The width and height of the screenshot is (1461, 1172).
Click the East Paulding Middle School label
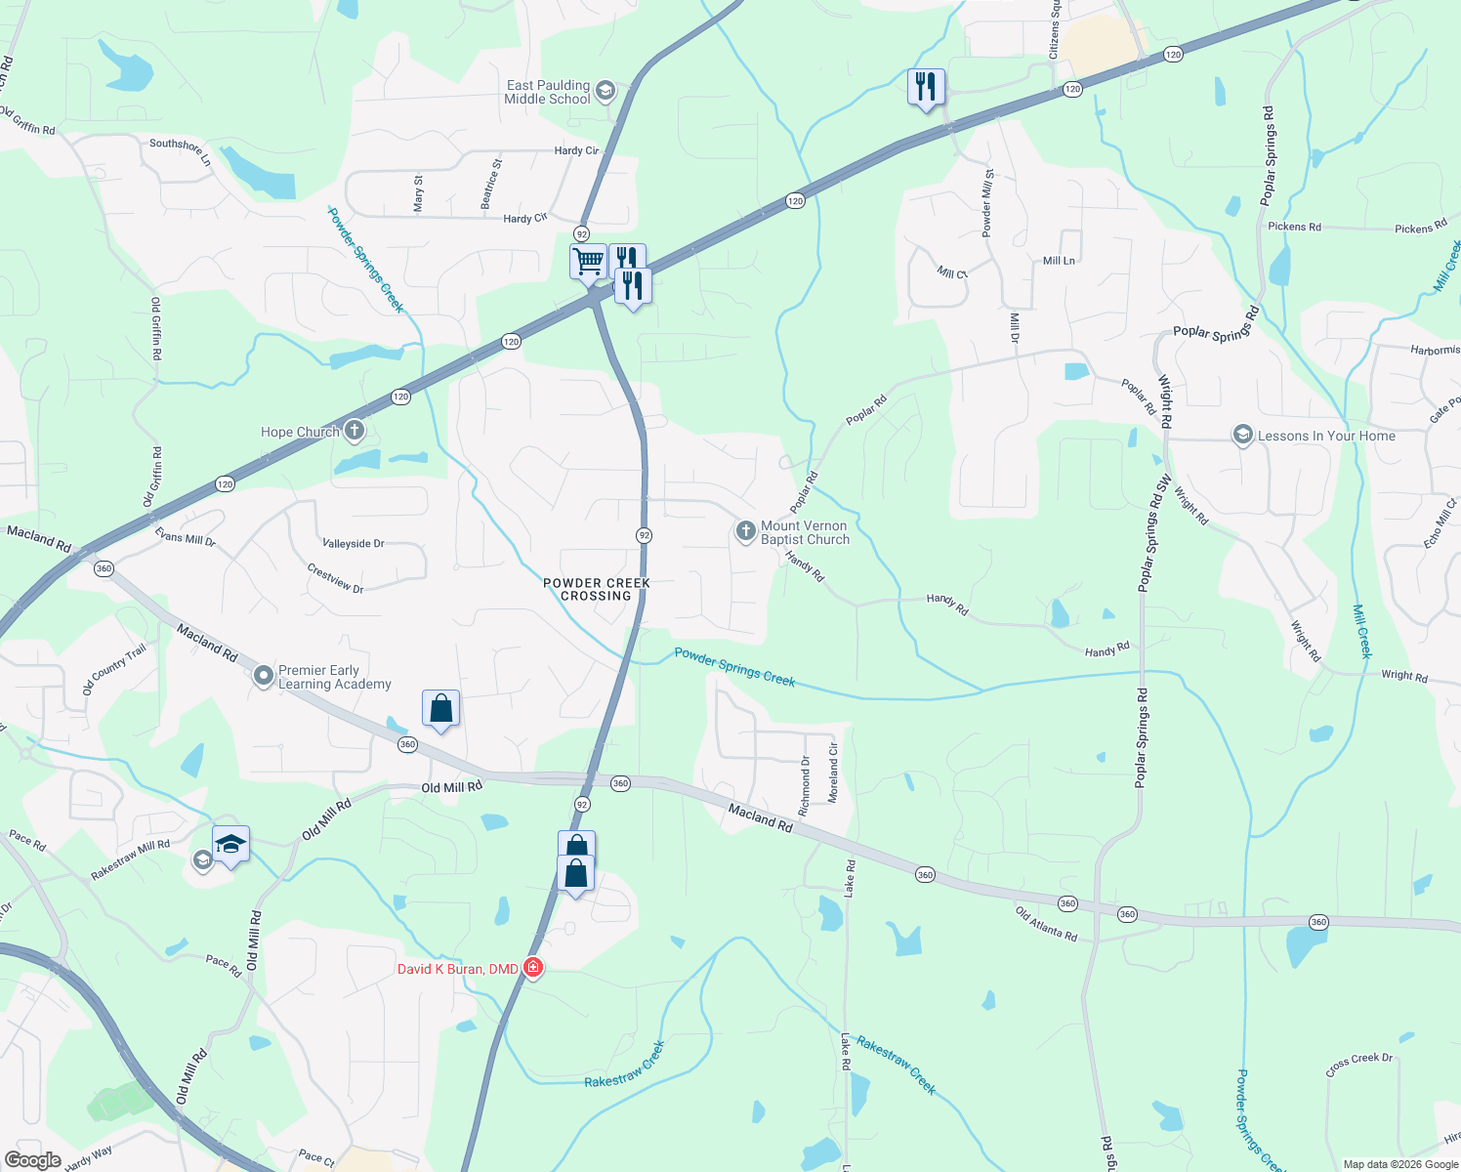click(547, 92)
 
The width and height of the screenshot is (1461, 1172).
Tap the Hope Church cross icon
click(355, 430)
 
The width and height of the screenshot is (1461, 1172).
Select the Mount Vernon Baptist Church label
click(805, 532)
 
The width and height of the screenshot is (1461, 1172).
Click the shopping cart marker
click(588, 262)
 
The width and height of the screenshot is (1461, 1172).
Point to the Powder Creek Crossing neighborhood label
click(596, 589)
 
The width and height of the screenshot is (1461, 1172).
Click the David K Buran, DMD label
click(457, 969)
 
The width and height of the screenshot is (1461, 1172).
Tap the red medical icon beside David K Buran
click(533, 968)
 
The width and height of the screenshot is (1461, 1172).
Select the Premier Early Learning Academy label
click(334, 677)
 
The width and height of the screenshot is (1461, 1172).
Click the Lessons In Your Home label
click(1326, 436)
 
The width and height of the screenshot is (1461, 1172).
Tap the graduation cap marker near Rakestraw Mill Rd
click(230, 845)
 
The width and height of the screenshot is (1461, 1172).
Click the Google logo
click(33, 1160)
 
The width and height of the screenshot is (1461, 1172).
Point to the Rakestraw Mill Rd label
click(130, 859)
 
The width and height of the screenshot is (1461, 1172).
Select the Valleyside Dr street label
click(354, 543)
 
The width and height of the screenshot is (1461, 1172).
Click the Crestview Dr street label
click(335, 577)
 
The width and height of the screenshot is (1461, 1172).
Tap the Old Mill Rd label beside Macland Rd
click(451, 787)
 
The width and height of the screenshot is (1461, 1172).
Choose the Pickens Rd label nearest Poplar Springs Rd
click(1294, 227)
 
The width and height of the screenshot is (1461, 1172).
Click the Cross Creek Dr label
click(1359, 1065)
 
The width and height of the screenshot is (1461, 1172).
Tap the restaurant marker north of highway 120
click(926, 88)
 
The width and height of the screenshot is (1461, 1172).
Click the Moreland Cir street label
click(833, 773)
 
